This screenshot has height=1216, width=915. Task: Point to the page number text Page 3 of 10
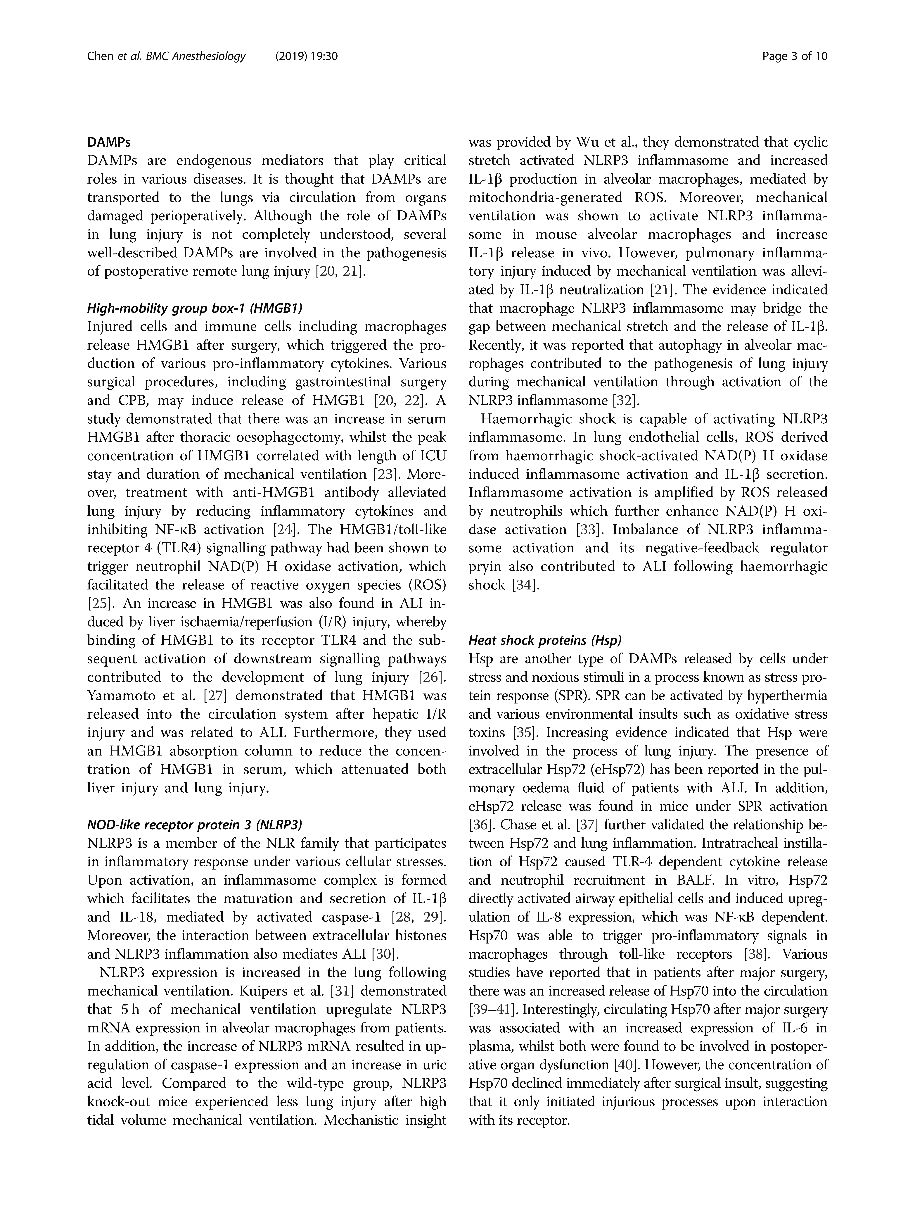[x=795, y=56]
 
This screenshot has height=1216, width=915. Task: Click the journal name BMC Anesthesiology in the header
[x=195, y=56]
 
